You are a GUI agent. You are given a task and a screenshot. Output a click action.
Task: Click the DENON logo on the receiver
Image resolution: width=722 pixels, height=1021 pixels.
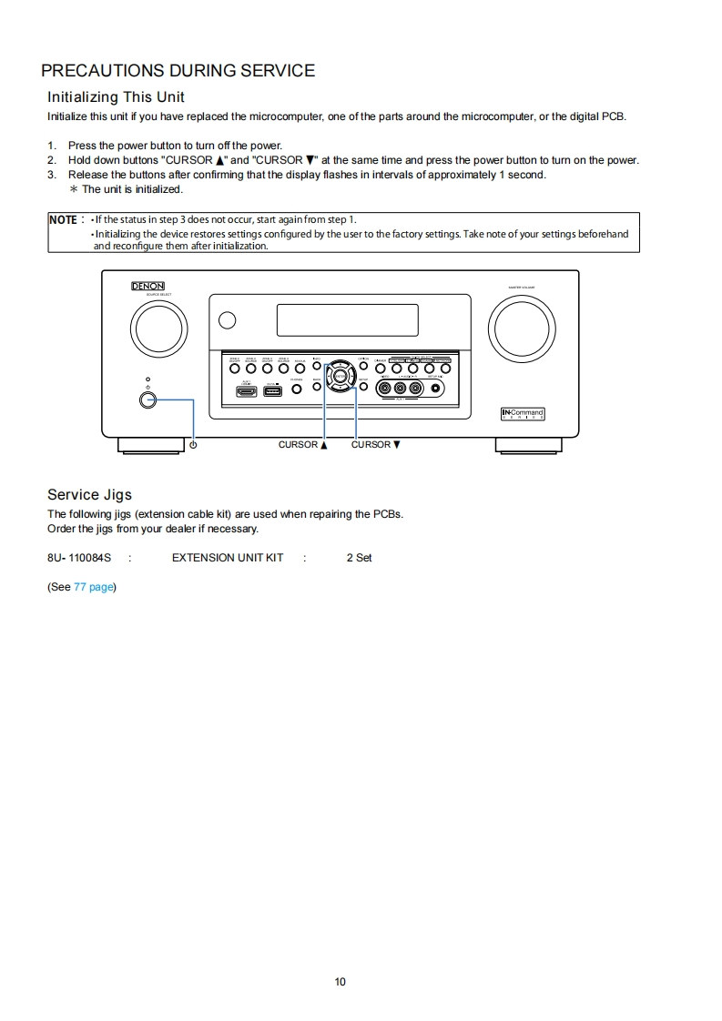(x=147, y=286)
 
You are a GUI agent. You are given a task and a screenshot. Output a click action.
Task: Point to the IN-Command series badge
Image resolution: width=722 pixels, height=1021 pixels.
(x=523, y=414)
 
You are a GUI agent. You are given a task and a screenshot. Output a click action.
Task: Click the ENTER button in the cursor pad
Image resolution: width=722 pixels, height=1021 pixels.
(x=340, y=374)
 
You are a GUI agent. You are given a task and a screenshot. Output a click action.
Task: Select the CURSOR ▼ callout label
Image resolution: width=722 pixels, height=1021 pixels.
(x=375, y=445)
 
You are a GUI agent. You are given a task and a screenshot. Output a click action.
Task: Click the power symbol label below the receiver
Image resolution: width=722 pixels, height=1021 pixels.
(x=193, y=445)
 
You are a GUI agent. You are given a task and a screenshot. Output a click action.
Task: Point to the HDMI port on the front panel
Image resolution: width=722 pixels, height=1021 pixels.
(x=247, y=390)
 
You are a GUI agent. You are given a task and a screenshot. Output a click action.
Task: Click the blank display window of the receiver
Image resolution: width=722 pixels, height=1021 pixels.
(x=347, y=320)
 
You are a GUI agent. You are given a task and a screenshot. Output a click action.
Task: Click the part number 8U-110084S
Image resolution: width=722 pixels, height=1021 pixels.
(x=79, y=558)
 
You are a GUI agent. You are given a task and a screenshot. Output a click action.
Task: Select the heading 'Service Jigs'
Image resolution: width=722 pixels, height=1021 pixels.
(x=89, y=495)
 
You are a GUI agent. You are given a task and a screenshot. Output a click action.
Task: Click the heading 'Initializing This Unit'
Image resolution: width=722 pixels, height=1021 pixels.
(x=116, y=97)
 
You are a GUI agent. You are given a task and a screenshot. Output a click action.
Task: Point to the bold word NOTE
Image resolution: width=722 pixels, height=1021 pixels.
(x=63, y=220)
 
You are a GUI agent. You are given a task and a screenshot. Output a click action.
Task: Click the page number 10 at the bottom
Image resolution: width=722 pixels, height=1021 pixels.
(x=341, y=982)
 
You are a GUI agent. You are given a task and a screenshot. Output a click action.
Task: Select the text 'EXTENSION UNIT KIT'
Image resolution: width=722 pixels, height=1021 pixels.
(x=228, y=558)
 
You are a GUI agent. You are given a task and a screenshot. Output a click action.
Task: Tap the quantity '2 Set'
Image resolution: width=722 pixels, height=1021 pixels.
(x=359, y=558)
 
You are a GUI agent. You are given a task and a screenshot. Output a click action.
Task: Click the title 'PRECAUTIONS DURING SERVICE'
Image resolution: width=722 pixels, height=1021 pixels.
(x=178, y=71)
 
